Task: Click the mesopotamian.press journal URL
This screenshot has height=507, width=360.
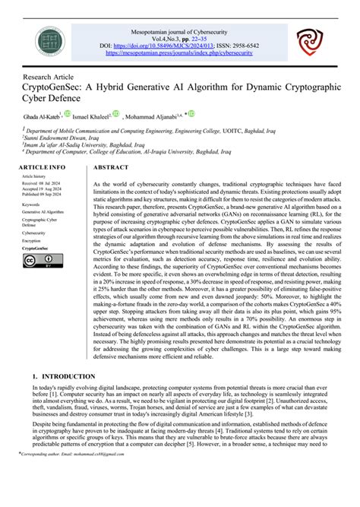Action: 180,53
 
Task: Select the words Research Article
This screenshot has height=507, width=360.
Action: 47,78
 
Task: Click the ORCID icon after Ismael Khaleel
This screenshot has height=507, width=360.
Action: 115,116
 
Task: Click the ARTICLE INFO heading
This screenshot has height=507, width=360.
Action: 42,166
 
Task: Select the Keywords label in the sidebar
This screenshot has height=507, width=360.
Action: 32,204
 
